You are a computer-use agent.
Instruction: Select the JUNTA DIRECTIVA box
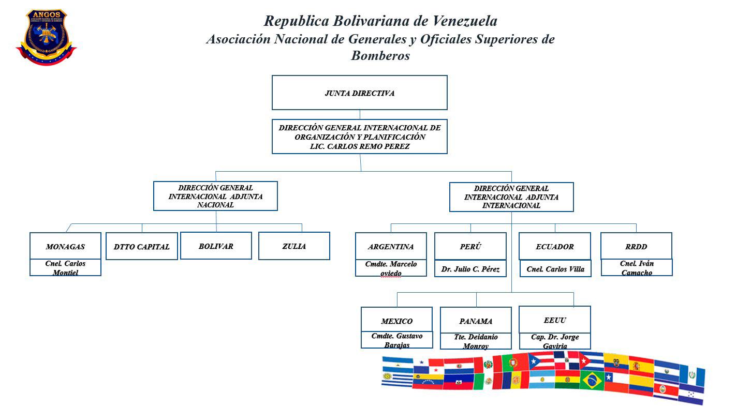359,93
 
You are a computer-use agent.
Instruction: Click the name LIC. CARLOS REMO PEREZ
359,146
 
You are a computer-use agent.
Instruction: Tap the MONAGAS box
65,247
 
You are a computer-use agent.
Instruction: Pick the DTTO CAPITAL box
141,247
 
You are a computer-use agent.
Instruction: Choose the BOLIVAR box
216,246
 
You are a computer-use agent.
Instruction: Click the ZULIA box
294,246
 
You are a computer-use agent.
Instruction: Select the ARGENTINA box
391,247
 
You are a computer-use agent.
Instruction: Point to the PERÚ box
470,247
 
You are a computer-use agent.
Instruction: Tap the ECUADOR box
555,247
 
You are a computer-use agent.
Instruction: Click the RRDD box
636,247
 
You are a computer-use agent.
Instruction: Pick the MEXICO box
396,321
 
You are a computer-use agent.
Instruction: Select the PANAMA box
476,321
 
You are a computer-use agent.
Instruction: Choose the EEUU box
555,320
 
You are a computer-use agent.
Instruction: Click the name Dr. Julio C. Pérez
470,269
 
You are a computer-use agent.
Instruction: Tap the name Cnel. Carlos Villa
555,269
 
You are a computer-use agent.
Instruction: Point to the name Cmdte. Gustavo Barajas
397,340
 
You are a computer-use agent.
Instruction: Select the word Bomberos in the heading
380,55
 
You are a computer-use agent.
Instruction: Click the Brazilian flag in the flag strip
591,381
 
